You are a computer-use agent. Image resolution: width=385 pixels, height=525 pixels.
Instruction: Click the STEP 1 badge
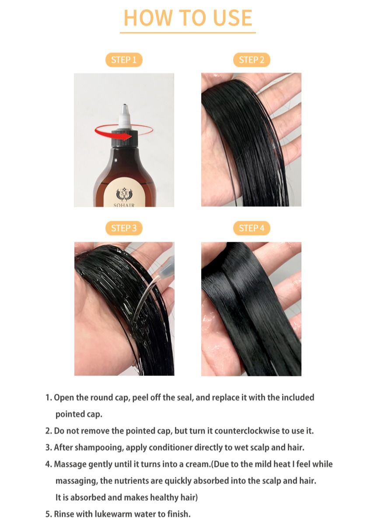click(x=124, y=60)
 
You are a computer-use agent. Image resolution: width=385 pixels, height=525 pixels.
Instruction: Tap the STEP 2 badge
click(x=252, y=60)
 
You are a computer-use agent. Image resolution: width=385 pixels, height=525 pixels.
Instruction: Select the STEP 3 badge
click(x=124, y=228)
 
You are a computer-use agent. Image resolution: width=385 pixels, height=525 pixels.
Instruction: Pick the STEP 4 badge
click(x=252, y=228)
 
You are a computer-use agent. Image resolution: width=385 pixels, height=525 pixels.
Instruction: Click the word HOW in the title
click(x=148, y=17)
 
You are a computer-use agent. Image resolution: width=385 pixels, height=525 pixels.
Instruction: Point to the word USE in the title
click(x=232, y=17)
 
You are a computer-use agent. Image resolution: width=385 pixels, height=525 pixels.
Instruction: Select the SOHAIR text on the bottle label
click(x=124, y=205)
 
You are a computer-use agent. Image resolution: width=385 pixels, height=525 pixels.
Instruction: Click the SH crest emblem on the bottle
click(x=124, y=194)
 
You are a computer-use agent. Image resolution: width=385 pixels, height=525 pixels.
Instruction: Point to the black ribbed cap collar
click(x=124, y=139)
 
